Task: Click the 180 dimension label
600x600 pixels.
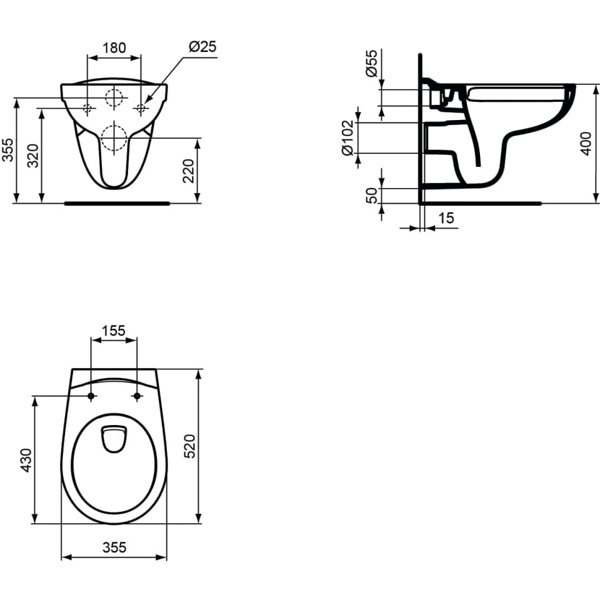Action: (114, 48)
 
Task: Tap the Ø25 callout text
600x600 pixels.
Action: (202, 47)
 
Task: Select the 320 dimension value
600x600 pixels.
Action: (34, 156)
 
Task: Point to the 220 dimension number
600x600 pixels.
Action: (189, 171)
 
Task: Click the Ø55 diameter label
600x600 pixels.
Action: (371, 63)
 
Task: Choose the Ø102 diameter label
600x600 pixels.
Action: (347, 137)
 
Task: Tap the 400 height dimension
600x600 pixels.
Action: (586, 144)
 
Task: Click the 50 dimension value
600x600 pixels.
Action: (371, 196)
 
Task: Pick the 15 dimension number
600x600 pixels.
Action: (446, 218)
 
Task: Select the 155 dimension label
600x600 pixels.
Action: (114, 330)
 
